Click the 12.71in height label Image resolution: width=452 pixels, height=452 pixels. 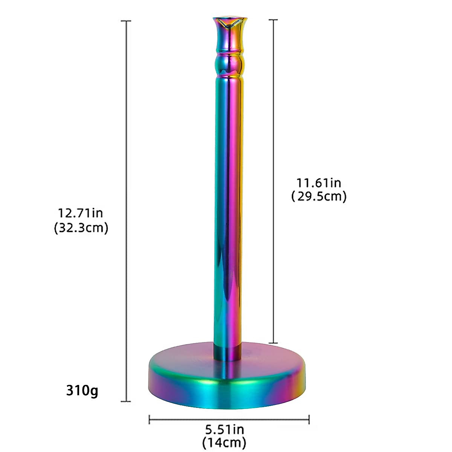(x=80, y=213)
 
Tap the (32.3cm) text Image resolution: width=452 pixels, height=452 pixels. (x=81, y=228)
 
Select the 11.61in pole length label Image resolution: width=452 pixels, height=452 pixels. (x=319, y=183)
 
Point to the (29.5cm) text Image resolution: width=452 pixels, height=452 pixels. (x=319, y=196)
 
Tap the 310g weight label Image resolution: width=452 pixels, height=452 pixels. (x=82, y=391)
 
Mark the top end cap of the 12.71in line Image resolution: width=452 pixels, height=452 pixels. (x=125, y=21)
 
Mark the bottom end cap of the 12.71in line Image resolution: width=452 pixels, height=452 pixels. (x=125, y=401)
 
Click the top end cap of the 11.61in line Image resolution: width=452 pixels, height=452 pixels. (x=273, y=20)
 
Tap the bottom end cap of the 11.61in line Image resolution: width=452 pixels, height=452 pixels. (x=273, y=343)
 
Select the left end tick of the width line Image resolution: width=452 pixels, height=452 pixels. (x=150, y=419)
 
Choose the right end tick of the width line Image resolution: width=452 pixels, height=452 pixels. (x=309, y=419)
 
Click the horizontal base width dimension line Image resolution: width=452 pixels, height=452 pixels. (x=229, y=419)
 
